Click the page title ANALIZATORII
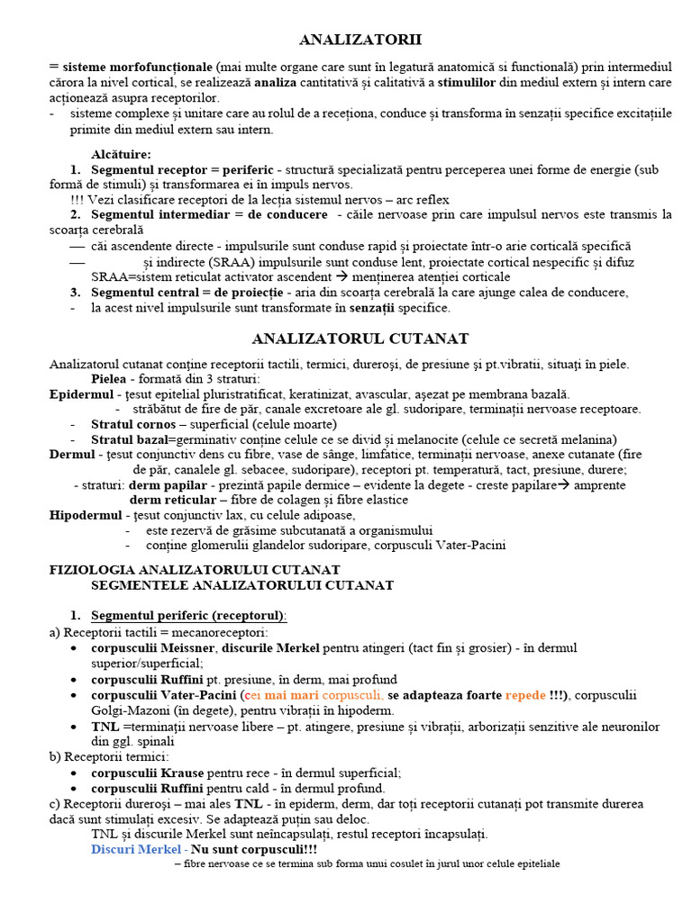360,40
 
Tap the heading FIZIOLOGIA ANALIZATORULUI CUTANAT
194,570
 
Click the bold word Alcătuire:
121,155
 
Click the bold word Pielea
112,379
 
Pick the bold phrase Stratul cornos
133,424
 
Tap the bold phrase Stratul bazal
130,439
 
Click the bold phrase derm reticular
173,500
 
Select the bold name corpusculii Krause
148,772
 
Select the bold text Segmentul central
145,293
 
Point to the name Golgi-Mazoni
132,710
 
